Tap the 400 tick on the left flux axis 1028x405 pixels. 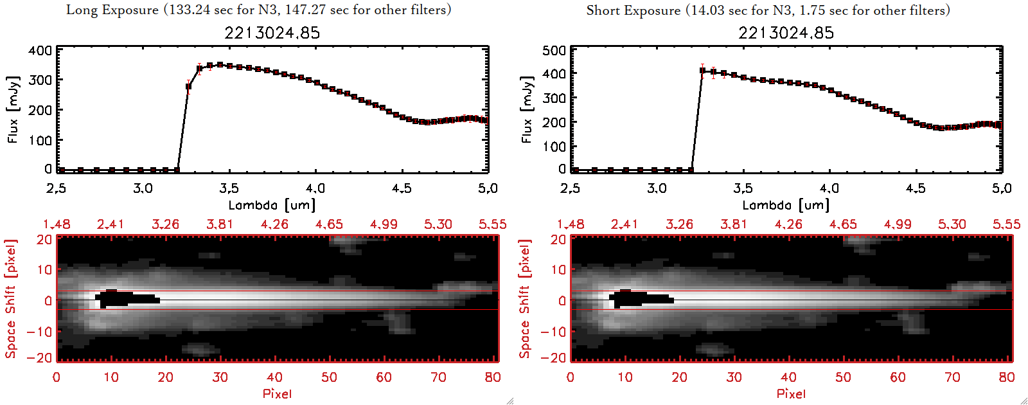click(40, 50)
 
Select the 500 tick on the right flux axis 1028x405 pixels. click(554, 50)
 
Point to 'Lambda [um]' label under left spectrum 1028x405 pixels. click(272, 205)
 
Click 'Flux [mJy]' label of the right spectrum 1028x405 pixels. click(527, 109)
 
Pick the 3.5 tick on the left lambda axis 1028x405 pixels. click(229, 188)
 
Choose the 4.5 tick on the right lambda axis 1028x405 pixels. click(916, 188)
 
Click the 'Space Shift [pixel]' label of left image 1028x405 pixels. click(11, 299)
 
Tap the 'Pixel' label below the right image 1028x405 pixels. click(791, 393)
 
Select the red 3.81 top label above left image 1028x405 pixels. click(220, 224)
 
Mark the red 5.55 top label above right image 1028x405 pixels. click(1006, 224)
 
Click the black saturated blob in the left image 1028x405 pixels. click(125, 299)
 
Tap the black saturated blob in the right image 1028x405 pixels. click(640, 299)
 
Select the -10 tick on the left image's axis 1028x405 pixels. click(40, 331)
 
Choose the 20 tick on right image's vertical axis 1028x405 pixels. click(558, 240)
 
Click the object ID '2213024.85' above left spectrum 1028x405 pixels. click(272, 33)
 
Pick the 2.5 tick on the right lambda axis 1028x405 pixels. click(570, 188)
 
